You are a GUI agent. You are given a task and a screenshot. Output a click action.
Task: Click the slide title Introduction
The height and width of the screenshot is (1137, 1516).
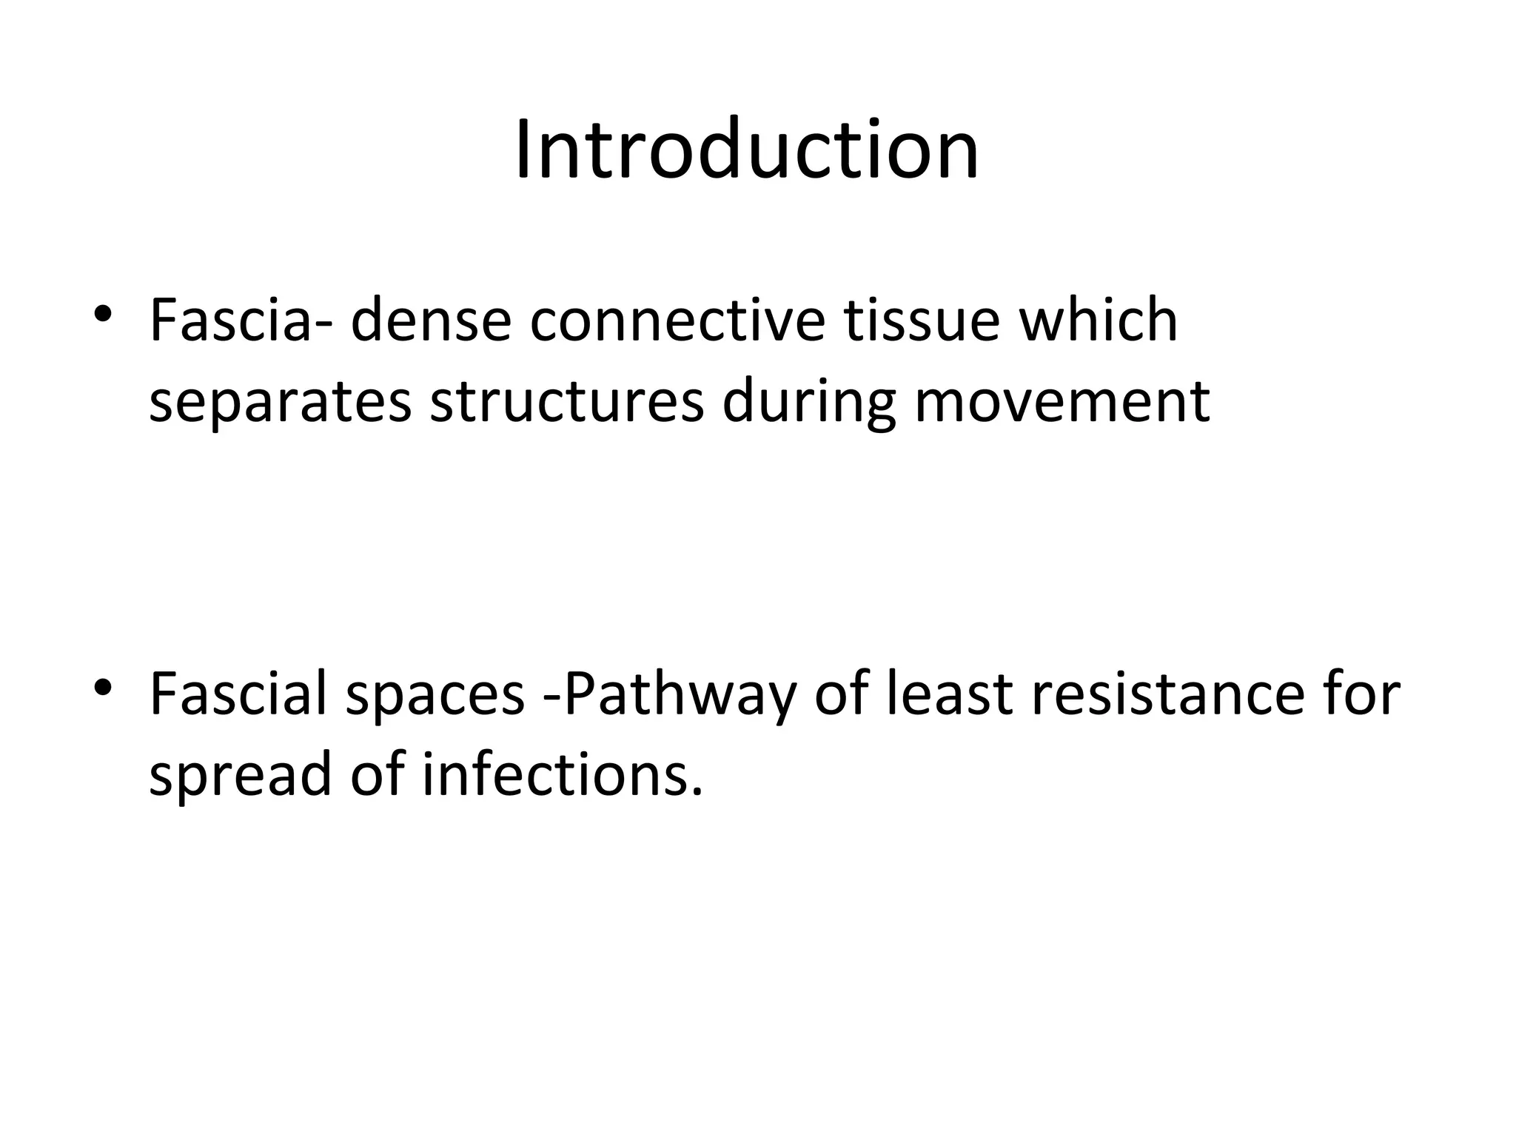tap(747, 150)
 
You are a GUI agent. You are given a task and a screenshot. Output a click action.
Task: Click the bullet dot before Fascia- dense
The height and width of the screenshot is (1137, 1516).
tap(104, 313)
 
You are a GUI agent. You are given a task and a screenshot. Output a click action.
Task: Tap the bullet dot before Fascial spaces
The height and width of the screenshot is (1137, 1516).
tap(104, 687)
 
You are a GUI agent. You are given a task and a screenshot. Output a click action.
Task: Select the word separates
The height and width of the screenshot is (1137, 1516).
tap(280, 403)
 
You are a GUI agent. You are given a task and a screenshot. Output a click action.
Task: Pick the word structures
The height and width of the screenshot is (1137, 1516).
tap(566, 403)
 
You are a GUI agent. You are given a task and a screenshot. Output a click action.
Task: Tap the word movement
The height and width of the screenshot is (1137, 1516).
tap(1062, 403)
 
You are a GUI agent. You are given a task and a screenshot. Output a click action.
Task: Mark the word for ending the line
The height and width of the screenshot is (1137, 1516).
tap(1361, 694)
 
